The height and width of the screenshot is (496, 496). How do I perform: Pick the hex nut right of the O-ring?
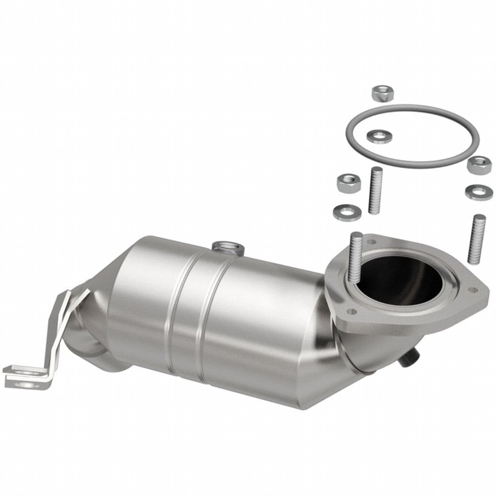click(x=479, y=165)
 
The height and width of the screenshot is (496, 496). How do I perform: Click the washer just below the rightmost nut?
click(x=479, y=192)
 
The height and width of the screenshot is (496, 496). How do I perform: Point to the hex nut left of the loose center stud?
click(x=349, y=183)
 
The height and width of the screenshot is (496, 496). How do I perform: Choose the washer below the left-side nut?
click(x=347, y=211)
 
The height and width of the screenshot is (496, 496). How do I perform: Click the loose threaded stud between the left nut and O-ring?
click(x=375, y=190)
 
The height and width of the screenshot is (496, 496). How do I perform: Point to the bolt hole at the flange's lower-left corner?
click(x=352, y=310)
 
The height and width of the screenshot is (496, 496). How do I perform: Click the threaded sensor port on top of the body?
click(x=228, y=248)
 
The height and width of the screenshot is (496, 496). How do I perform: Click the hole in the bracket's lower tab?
click(x=27, y=384)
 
